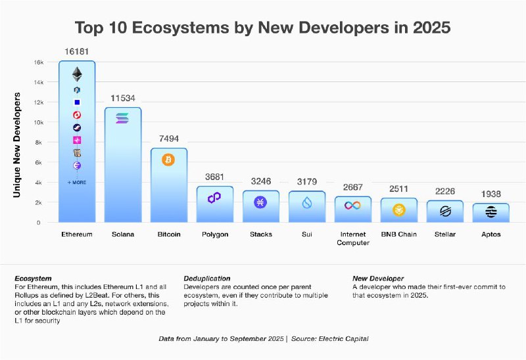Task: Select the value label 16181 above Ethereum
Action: tap(77, 51)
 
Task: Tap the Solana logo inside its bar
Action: tap(123, 118)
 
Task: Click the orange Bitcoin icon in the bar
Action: tap(168, 160)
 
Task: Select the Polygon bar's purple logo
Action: tap(214, 197)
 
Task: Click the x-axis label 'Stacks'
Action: tap(260, 234)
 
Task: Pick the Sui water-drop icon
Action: tap(306, 203)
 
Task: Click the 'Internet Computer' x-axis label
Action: tap(353, 238)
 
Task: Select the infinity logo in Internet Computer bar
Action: tap(353, 206)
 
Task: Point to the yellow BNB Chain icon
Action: tap(398, 210)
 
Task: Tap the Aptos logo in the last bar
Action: tap(490, 212)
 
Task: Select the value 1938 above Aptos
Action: tap(490, 194)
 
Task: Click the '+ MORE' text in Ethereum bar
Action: tap(77, 182)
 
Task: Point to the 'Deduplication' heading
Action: tap(207, 279)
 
